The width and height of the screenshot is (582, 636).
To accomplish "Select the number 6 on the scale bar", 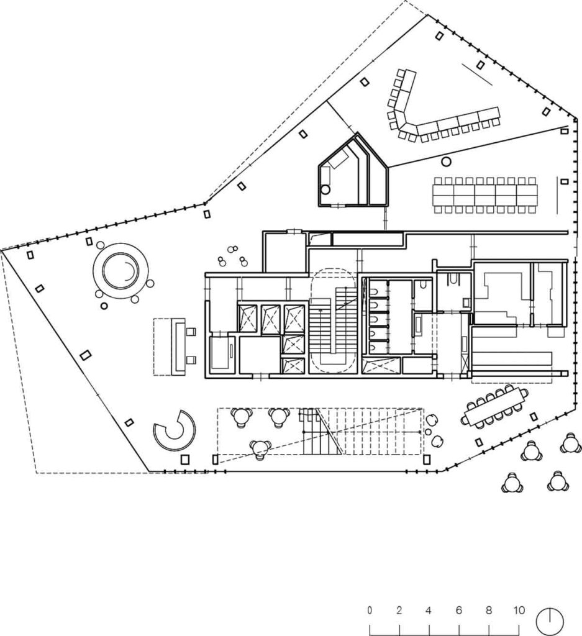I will pos(459,610).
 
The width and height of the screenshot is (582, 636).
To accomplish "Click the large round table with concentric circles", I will pos(120,270).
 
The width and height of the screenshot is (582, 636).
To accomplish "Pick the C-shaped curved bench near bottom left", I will pos(175,431).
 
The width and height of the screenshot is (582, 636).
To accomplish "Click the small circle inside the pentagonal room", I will pos(325,191).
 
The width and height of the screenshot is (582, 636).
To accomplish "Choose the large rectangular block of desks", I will pos(485,195).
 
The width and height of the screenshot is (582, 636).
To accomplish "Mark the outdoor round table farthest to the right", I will pos(570,444).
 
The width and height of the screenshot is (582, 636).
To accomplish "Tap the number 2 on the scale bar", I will pos(399,610).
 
